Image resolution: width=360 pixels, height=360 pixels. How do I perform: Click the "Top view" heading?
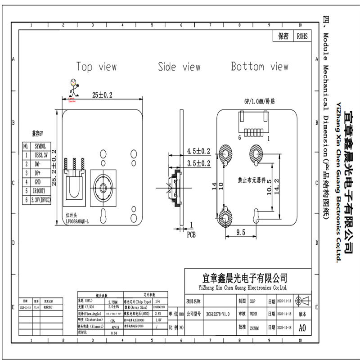pyautogui.click(x=96, y=67)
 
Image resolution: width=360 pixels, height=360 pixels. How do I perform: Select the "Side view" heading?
pyautogui.click(x=179, y=67)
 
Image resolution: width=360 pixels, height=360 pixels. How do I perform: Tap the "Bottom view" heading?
pyautogui.click(x=259, y=67)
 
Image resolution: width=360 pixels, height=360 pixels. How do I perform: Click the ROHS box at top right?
pyautogui.click(x=302, y=36)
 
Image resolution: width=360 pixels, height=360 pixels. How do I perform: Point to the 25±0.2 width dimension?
pyautogui.click(x=102, y=95)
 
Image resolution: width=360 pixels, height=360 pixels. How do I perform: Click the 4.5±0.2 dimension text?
pyautogui.click(x=198, y=151)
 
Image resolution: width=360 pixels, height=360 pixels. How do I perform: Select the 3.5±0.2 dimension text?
pyautogui.click(x=198, y=162)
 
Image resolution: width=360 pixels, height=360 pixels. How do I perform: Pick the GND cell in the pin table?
pyautogui.click(x=39, y=182)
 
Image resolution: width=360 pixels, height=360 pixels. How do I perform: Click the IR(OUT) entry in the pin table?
pyautogui.click(x=41, y=191)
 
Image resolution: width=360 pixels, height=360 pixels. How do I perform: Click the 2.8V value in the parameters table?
pyautogui.click(x=158, y=313)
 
